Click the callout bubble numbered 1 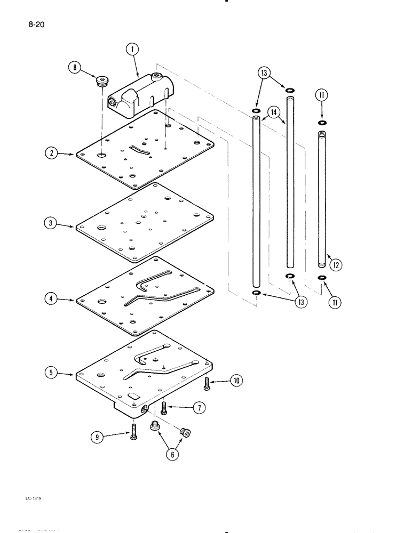tap(132, 50)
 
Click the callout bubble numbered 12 tap(337, 264)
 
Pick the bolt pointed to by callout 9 tap(132, 430)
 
